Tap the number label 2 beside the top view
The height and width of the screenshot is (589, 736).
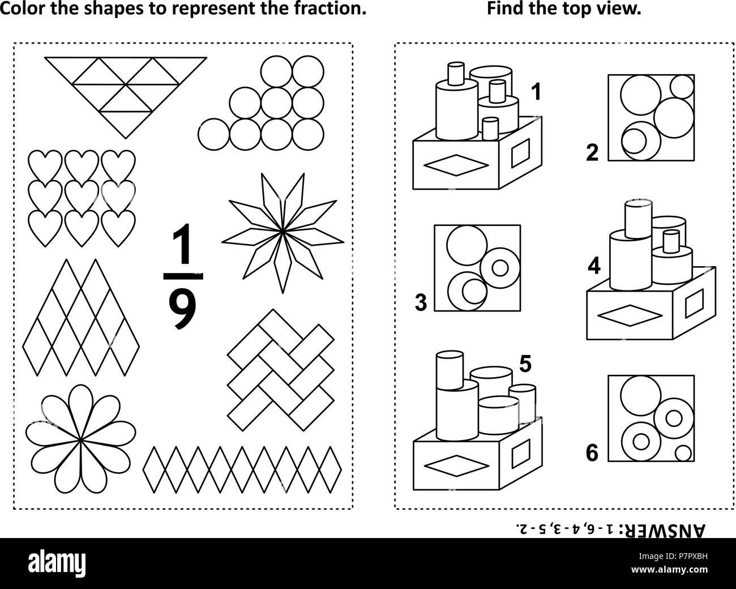(x=592, y=153)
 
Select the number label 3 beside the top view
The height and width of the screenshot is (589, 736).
(x=421, y=303)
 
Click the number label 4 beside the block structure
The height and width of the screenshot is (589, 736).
(x=593, y=265)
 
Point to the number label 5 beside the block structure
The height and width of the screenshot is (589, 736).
(x=525, y=365)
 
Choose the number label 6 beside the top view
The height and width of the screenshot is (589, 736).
(x=592, y=454)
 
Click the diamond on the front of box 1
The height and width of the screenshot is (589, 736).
(x=455, y=165)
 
